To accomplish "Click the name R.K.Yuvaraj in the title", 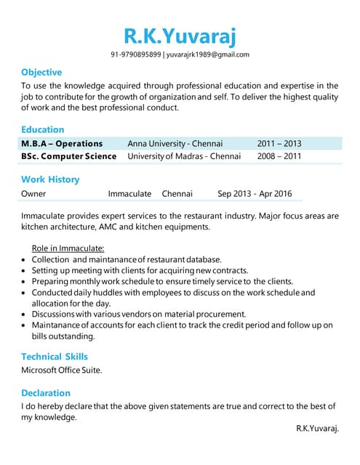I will tap(180, 35).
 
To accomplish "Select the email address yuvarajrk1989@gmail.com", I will tap(208, 54).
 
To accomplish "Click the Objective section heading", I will tap(41, 72).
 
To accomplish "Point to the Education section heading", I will tap(42, 129).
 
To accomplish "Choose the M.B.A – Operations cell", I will tap(62, 143).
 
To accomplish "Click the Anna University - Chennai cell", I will tap(175, 143).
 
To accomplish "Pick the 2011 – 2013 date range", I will tap(279, 143).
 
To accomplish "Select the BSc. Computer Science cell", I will tap(68, 156).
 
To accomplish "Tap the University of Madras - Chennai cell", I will tap(183, 156).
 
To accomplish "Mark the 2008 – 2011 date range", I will tap(279, 156).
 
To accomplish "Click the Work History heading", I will tap(50, 179).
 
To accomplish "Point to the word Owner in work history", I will tap(33, 193).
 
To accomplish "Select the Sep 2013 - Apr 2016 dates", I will tap(255, 193).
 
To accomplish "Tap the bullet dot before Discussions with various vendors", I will tap(25, 315).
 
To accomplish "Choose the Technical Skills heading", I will tap(55, 356).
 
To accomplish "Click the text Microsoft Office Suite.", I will tap(62, 370).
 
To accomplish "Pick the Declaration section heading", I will tap(46, 392).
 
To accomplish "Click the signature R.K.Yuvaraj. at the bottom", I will tap(317, 429).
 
